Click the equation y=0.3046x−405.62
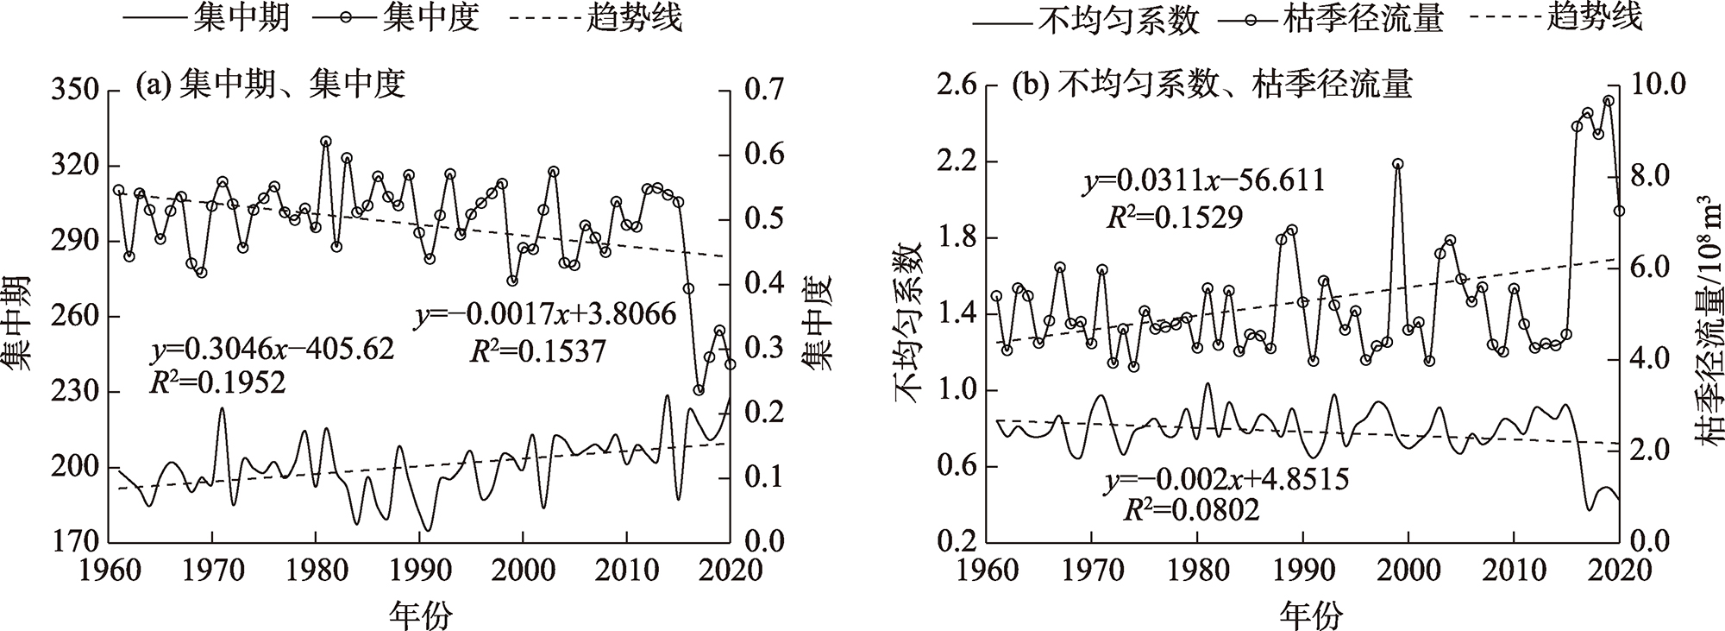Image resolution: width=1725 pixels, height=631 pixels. point(273,350)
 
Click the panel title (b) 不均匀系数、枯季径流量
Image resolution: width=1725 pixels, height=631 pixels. point(1214,85)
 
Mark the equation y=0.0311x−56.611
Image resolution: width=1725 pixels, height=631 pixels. point(1204,181)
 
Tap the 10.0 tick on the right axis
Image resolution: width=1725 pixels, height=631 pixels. point(1656,86)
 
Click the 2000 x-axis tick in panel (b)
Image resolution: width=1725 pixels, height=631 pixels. point(1408,571)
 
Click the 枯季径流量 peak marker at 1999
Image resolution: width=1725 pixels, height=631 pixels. point(1397,164)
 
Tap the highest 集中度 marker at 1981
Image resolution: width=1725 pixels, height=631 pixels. point(325,142)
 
